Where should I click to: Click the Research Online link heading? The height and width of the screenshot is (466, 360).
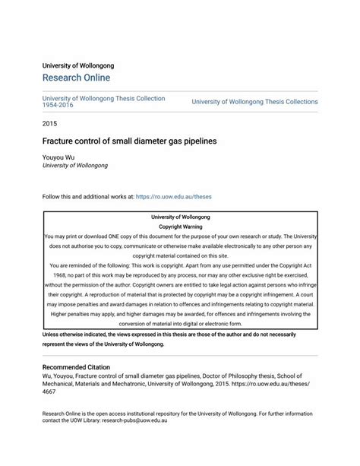76,78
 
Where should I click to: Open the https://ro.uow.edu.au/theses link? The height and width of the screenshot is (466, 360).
173,196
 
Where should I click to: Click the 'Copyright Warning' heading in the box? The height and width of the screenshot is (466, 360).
180,227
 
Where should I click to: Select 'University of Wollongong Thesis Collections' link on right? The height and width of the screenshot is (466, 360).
254,101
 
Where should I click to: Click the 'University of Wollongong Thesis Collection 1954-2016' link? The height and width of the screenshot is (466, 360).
103,101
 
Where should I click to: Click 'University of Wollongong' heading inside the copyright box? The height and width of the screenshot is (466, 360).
180,217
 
